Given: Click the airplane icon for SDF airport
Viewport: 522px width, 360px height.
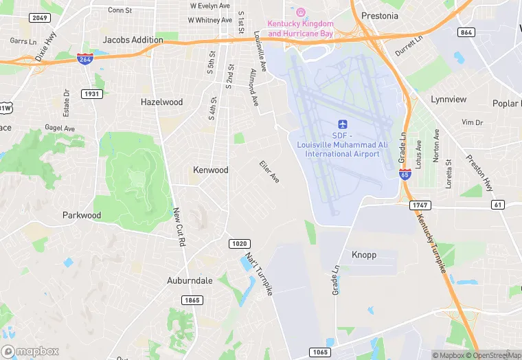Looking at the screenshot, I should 343,124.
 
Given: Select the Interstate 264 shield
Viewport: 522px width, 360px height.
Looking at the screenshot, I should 85,60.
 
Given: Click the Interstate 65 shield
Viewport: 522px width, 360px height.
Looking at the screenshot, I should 405,175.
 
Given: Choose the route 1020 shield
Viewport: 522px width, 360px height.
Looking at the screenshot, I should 239,244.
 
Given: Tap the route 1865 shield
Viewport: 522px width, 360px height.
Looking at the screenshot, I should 192,300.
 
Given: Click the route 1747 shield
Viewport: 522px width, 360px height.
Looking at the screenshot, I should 420,205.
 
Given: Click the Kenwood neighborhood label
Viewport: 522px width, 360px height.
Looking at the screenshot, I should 210,170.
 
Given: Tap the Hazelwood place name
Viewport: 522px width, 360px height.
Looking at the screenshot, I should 161,102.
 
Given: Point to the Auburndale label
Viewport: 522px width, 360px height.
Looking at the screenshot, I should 190,281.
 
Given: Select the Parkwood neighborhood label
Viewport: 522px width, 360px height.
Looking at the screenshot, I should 82,215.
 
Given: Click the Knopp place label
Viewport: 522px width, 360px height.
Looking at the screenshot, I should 364,255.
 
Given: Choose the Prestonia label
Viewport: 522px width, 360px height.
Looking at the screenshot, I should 379,16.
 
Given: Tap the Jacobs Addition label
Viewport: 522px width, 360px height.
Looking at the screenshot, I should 133,40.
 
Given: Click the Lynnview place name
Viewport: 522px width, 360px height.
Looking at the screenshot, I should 449,100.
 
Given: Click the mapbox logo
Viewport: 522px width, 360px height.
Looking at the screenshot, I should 31,351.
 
